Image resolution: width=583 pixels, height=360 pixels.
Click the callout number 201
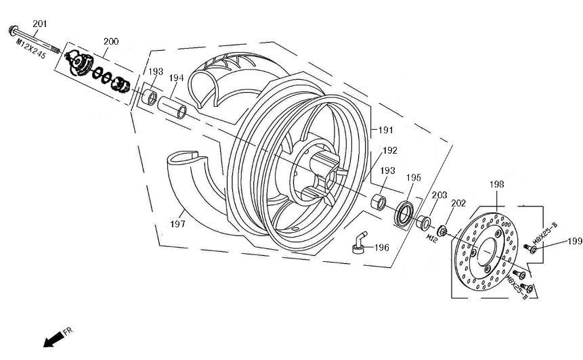click(x=40, y=24)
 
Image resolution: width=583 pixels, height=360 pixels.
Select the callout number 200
click(x=111, y=42)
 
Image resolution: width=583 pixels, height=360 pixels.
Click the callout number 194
click(x=176, y=78)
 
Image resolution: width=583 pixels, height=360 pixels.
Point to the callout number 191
click(x=385, y=129)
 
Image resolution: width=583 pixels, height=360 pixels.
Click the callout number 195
click(x=414, y=178)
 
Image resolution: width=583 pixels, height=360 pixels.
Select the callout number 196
click(x=381, y=248)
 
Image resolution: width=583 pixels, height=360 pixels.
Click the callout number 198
click(x=497, y=184)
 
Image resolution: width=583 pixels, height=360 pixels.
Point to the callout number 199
click(x=574, y=240)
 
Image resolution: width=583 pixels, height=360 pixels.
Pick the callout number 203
click(x=439, y=195)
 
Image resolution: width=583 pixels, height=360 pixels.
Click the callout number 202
click(x=458, y=202)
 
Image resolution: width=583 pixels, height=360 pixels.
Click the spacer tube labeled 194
click(x=173, y=107)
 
